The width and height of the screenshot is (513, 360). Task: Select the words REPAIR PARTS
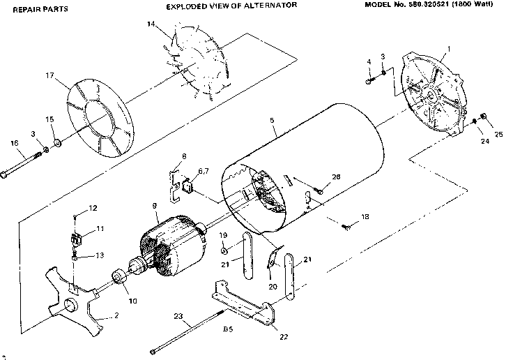(x=36, y=10)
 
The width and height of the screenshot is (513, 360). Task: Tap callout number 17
(x=49, y=75)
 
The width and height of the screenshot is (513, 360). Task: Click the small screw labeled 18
(x=349, y=225)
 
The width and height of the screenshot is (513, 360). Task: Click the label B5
(x=227, y=327)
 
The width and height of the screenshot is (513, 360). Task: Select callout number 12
(x=93, y=207)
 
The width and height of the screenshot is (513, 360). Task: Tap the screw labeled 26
(x=320, y=187)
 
